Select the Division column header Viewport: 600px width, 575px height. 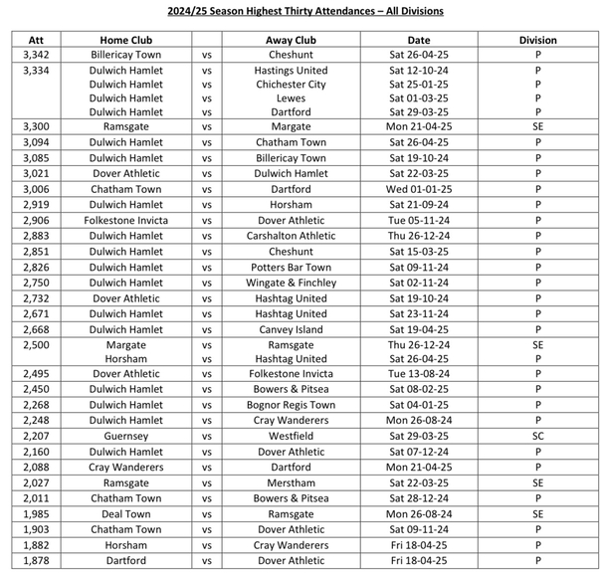coord(537,41)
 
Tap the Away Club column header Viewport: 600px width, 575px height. coord(291,41)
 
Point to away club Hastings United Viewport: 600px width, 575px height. coord(291,72)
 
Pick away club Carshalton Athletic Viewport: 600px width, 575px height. coord(291,236)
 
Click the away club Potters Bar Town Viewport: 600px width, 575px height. coord(291,268)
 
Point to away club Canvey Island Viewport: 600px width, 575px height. coord(291,329)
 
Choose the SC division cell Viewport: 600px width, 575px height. coord(537,436)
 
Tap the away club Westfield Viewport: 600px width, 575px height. coord(291,436)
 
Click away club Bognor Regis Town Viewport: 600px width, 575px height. coord(291,405)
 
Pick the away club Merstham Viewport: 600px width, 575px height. coord(291,482)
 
